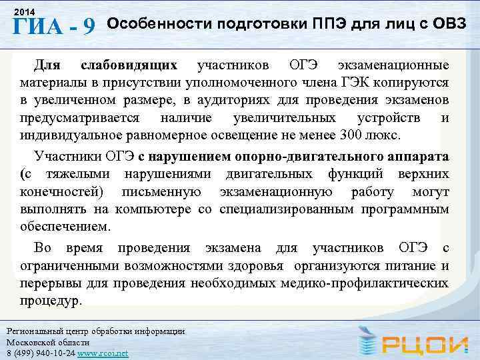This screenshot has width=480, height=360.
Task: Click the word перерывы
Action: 44,283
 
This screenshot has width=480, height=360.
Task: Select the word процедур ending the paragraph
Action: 52,301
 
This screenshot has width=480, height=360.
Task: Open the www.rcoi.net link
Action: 103,353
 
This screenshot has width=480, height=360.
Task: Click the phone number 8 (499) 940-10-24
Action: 39,353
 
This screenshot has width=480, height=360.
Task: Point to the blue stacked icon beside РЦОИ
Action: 367,340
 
